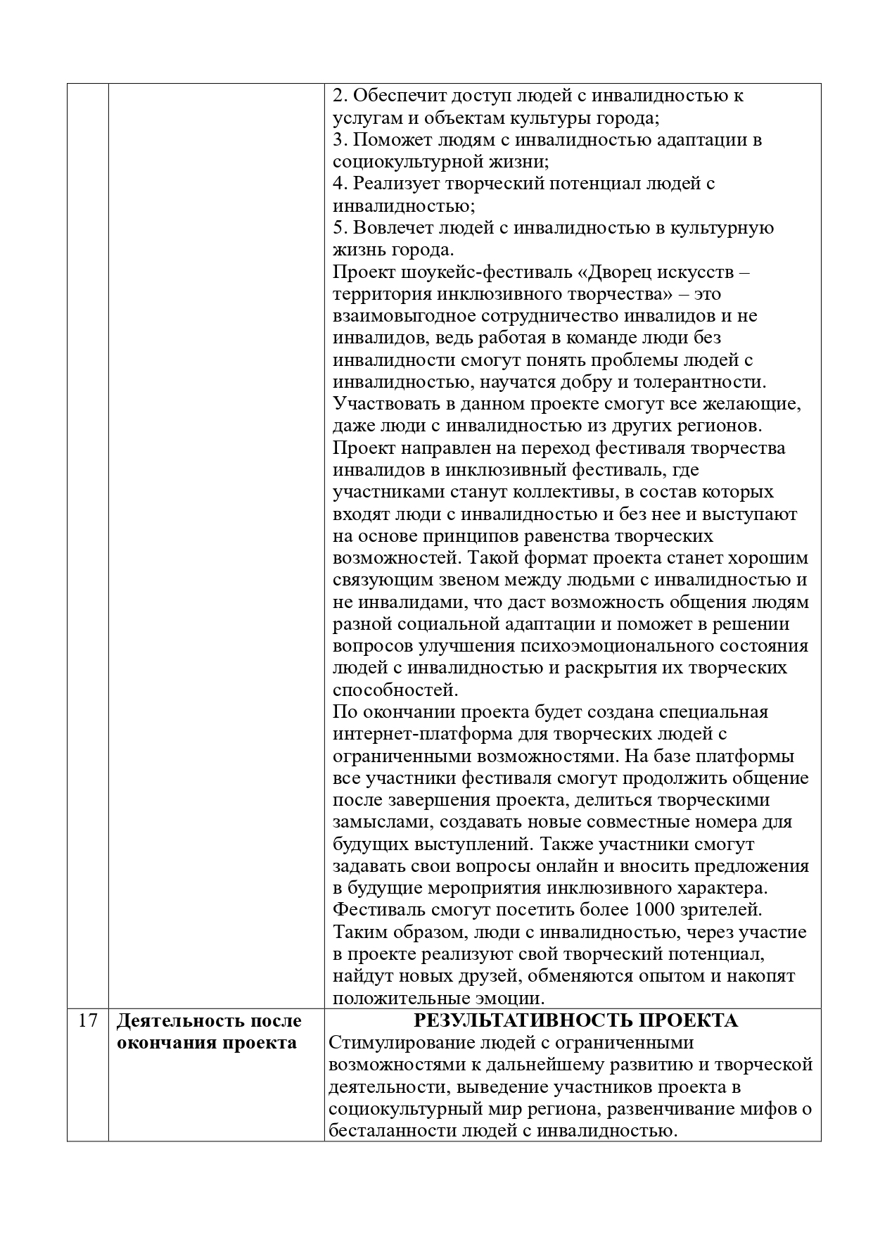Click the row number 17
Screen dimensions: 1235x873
tap(87, 1020)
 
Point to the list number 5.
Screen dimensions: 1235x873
tap(340, 228)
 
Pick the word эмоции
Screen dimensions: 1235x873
tap(507, 998)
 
